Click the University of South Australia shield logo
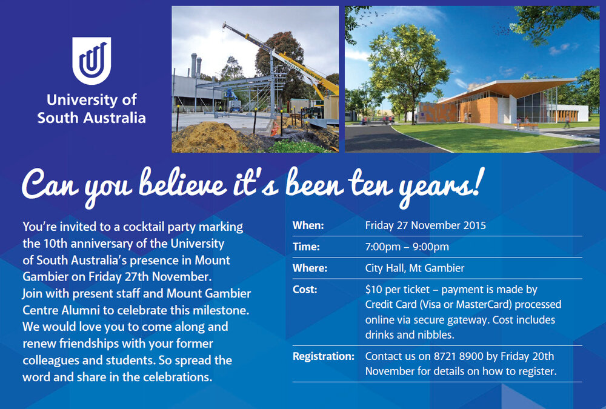click(92, 61)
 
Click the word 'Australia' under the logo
click(115, 118)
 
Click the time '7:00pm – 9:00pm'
click(407, 247)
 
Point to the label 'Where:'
click(310, 268)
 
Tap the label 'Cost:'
click(305, 290)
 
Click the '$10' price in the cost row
click(373, 290)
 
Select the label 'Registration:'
click(323, 356)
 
